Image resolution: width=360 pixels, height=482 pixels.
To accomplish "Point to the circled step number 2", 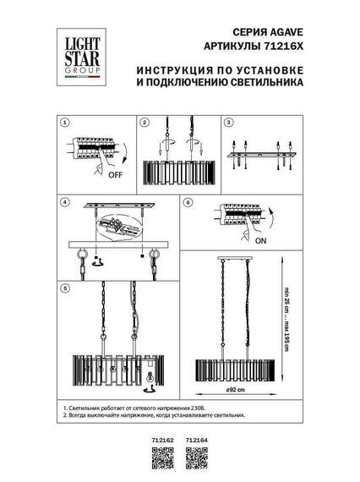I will [145, 123].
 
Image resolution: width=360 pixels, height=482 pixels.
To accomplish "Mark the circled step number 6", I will [188, 203].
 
